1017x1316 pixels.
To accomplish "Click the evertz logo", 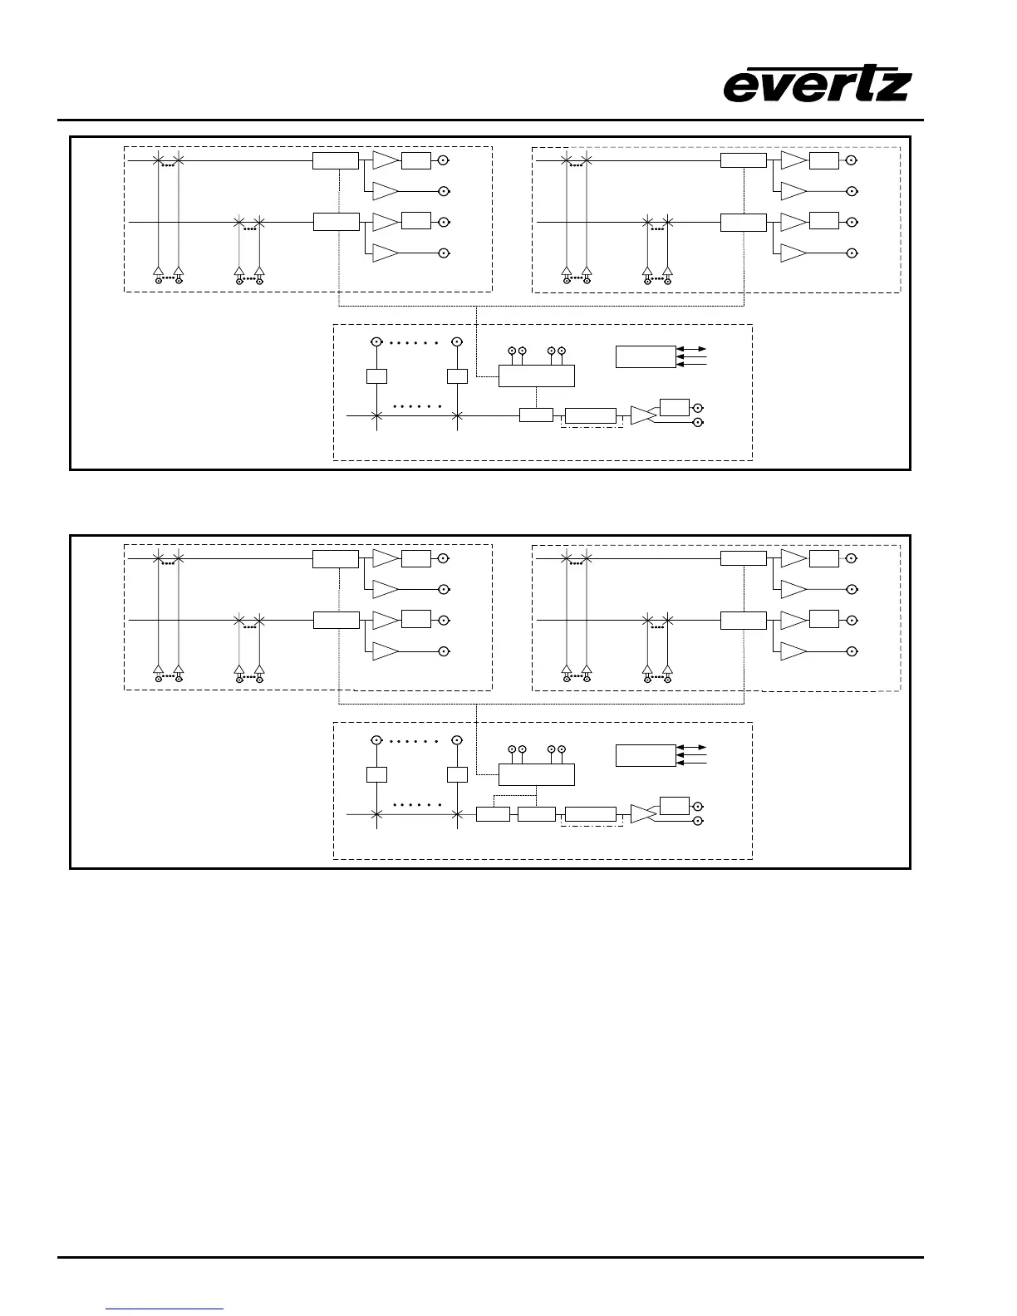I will pyautogui.click(x=818, y=86).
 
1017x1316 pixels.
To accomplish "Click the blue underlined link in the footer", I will pyautogui.click(x=165, y=1309).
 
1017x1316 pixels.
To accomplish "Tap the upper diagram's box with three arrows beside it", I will pyautogui.click(x=646, y=356).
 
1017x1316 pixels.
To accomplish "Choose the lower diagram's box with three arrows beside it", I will pyautogui.click(x=646, y=755).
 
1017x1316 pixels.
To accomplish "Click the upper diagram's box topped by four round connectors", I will pyautogui.click(x=536, y=376).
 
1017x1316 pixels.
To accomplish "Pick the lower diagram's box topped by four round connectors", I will pyautogui.click(x=536, y=774).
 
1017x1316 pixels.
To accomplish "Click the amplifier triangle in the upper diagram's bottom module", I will pyautogui.click(x=642, y=415).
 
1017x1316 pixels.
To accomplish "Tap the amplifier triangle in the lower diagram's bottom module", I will pyautogui.click(x=642, y=814).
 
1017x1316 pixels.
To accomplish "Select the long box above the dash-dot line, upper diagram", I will pyautogui.click(x=591, y=415).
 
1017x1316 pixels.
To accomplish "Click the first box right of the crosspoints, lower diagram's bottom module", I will pyautogui.click(x=493, y=814).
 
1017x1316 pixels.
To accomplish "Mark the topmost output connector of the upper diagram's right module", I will pyautogui.click(x=852, y=160).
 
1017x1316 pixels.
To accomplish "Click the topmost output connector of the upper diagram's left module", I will pyautogui.click(x=445, y=160).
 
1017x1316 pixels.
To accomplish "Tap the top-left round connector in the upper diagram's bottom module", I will pyautogui.click(x=376, y=341).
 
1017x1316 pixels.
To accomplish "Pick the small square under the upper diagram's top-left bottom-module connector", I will pyautogui.click(x=376, y=376).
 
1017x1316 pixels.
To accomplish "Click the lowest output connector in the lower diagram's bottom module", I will pyautogui.click(x=697, y=821).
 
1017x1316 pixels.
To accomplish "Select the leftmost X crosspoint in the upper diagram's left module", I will pyautogui.click(x=157, y=160).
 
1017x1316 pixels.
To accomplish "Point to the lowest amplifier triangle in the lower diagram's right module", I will pyautogui.click(x=793, y=651).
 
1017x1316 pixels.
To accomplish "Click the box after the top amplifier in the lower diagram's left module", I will pyautogui.click(x=415, y=558).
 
